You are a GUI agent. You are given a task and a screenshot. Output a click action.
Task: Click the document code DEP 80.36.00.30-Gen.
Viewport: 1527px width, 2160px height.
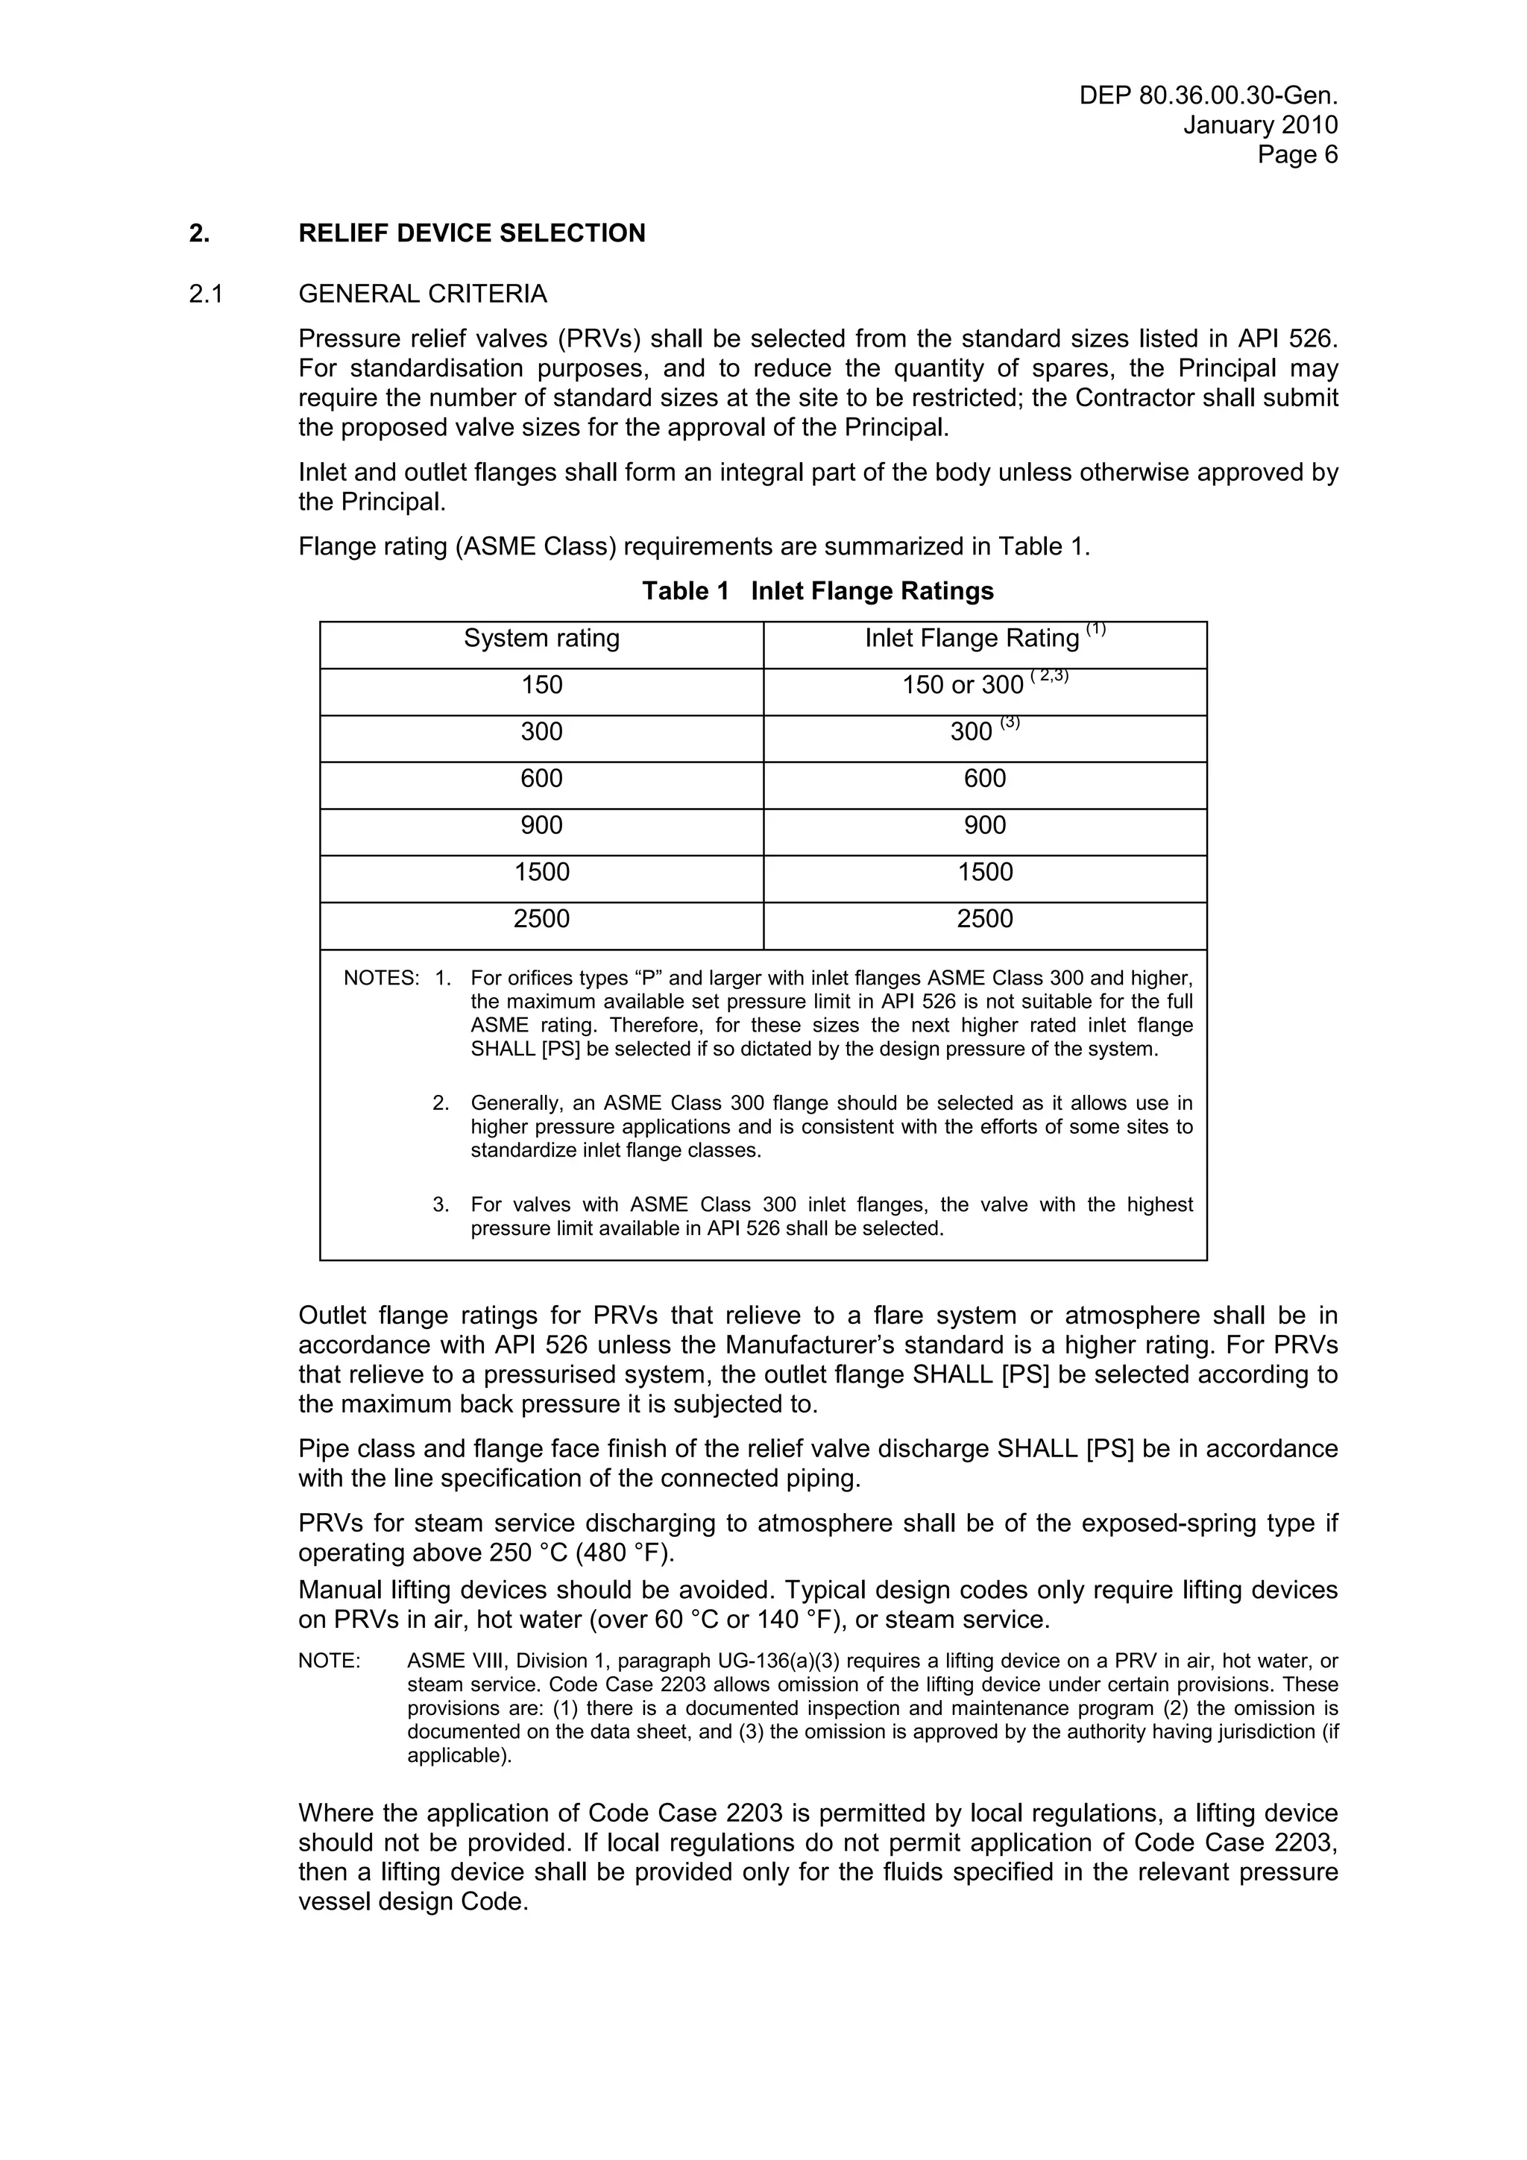1207,96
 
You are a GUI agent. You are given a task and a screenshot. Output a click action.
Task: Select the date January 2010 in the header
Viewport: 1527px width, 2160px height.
1260,125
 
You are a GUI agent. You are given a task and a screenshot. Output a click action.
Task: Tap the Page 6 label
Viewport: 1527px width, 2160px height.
1297,154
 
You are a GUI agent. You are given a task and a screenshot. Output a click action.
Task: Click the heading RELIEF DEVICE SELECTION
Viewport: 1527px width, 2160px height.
471,233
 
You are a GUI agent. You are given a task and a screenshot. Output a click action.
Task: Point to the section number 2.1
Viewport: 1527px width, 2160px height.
206,294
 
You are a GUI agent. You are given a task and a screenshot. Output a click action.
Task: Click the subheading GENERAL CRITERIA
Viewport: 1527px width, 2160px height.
423,294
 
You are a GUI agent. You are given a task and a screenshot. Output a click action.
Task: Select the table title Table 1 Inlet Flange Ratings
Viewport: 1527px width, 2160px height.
818,591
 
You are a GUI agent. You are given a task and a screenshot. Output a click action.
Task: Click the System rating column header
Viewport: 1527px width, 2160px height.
542,639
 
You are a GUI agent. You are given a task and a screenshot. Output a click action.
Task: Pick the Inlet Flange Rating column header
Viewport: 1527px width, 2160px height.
972,639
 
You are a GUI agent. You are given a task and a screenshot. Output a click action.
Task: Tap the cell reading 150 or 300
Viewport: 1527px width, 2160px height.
963,686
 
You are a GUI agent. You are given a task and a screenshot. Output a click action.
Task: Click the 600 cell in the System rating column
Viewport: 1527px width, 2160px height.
542,779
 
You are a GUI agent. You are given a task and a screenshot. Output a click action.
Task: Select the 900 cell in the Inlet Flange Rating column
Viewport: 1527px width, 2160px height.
985,826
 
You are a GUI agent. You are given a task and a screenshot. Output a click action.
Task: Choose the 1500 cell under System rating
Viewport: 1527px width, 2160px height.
542,872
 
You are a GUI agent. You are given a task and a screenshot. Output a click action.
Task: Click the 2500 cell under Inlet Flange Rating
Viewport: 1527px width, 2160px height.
985,919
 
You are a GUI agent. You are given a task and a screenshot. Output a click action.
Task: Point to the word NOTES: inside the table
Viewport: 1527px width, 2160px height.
381,979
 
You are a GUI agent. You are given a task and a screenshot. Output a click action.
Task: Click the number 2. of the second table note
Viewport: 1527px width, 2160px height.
441,1104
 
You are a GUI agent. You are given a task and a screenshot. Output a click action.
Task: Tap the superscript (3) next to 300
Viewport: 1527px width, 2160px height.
1010,722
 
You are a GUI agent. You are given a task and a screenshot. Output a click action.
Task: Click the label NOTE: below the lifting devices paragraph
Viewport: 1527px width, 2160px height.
330,1662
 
